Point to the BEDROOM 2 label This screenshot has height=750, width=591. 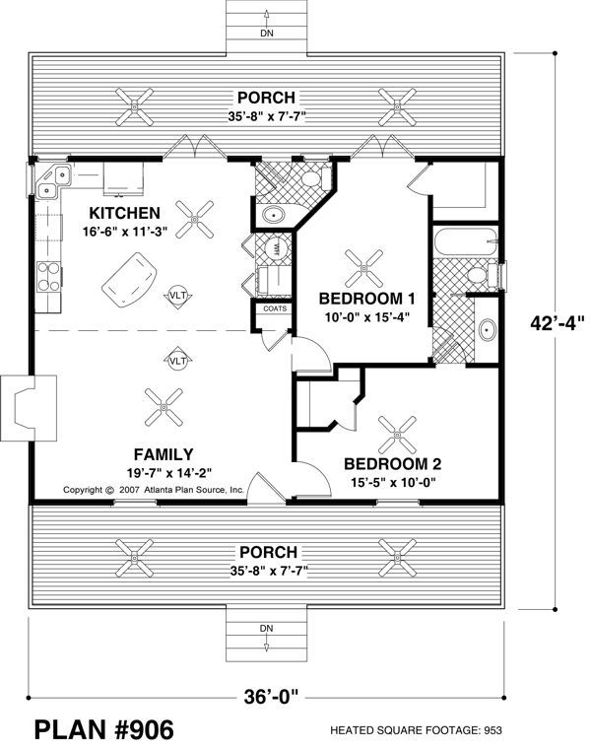click(x=391, y=463)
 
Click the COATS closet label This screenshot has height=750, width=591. click(x=275, y=307)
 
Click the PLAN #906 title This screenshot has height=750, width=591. click(x=104, y=730)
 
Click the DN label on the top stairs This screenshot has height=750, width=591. click(x=266, y=32)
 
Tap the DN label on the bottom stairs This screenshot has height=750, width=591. click(x=266, y=629)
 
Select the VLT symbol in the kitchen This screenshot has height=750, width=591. click(x=177, y=297)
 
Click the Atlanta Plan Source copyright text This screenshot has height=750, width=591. click(x=154, y=489)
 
